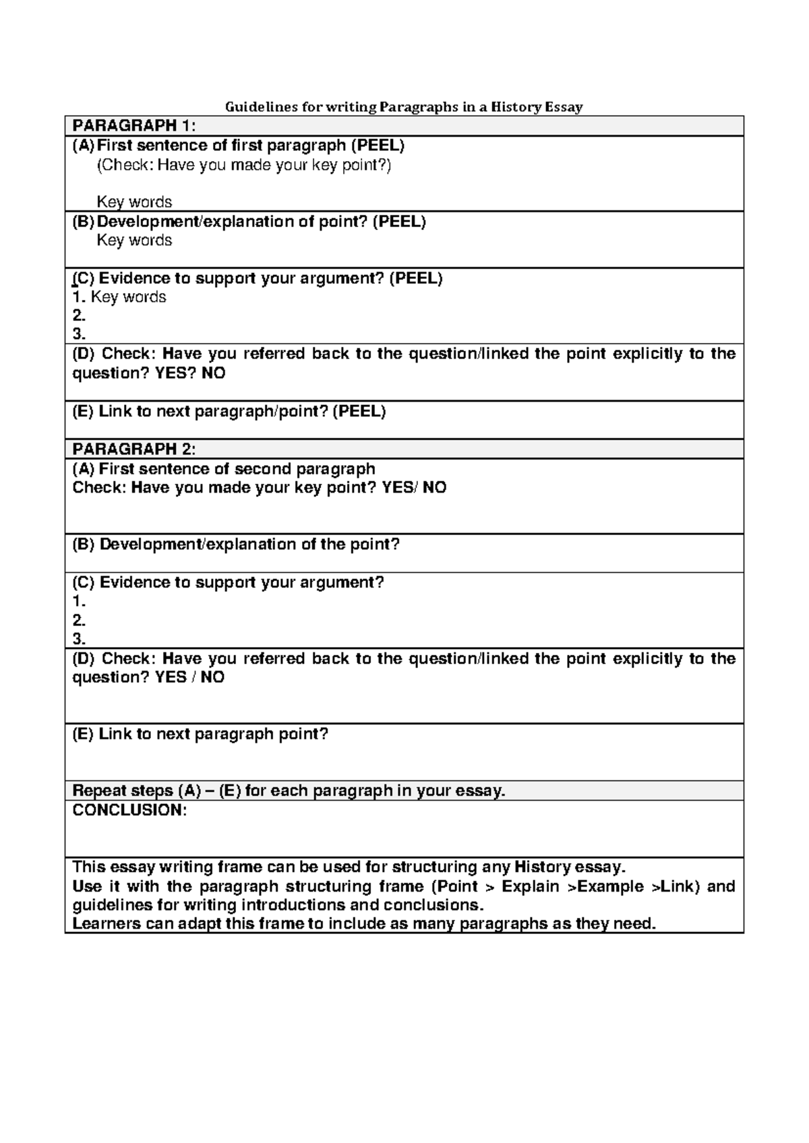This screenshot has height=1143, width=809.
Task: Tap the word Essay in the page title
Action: click(x=564, y=106)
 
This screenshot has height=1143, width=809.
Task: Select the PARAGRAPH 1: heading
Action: click(x=134, y=126)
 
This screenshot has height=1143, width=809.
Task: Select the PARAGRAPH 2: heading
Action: click(x=134, y=450)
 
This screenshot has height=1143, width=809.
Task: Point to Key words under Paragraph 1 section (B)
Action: click(x=134, y=241)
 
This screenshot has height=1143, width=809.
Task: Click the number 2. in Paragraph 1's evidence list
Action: click(x=79, y=315)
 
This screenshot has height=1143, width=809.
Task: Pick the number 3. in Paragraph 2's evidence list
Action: click(x=79, y=639)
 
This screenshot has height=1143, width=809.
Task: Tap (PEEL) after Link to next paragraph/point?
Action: click(x=359, y=412)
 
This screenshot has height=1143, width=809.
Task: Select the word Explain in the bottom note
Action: click(x=531, y=886)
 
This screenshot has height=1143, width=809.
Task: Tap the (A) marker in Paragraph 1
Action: click(x=84, y=146)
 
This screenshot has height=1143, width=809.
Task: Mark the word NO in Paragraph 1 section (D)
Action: click(x=213, y=373)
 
